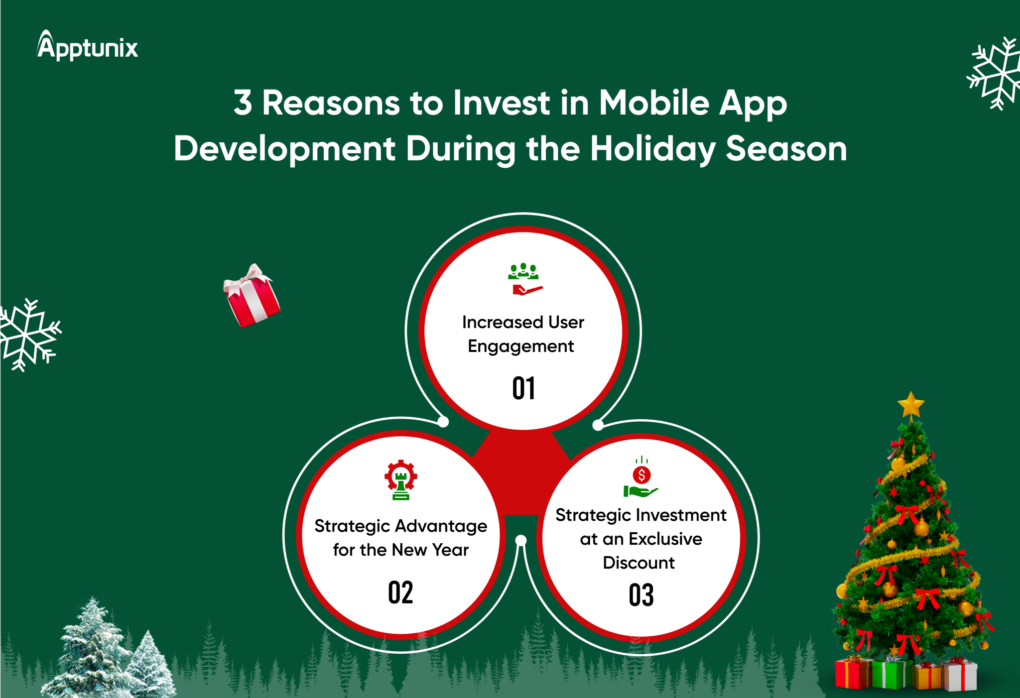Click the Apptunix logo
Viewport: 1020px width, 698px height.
[x=88, y=46]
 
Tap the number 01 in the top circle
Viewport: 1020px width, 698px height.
[x=523, y=388]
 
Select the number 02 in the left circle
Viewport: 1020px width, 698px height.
[x=400, y=592]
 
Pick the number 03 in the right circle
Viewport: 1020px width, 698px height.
[x=641, y=595]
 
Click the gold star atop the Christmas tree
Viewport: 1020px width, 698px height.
[x=911, y=405]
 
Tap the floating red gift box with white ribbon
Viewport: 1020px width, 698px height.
[x=252, y=296]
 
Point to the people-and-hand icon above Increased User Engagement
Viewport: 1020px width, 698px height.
[x=524, y=279]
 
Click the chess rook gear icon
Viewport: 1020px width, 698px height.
[x=401, y=479]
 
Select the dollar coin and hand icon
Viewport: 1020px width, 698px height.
[x=641, y=476]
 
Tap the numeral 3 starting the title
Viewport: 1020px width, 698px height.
[x=243, y=103]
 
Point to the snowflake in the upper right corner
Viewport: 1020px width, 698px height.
[x=994, y=73]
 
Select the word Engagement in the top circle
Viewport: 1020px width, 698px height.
[x=521, y=347]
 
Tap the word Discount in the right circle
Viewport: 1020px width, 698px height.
[x=639, y=563]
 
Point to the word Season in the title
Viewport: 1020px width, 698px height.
[x=786, y=149]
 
